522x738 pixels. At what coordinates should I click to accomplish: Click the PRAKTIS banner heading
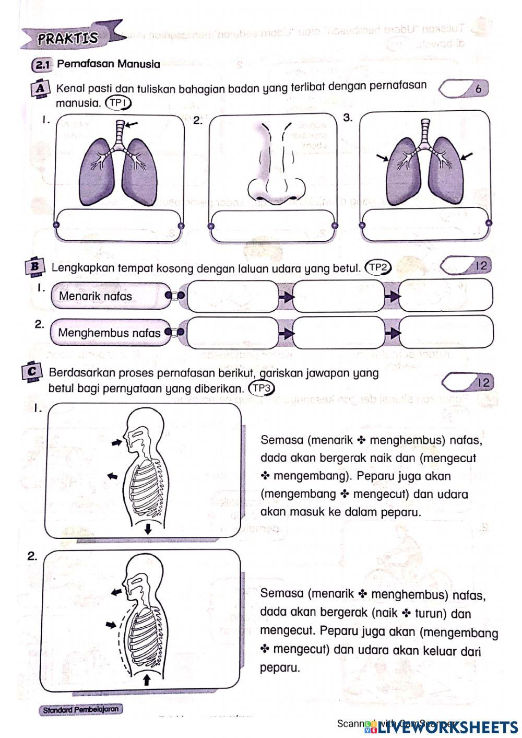(x=68, y=38)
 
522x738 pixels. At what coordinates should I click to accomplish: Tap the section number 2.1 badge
(x=42, y=65)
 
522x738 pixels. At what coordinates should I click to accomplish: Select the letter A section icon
(x=40, y=88)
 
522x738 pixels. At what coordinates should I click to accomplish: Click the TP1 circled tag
(x=118, y=103)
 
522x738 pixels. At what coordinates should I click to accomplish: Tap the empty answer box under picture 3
(x=425, y=225)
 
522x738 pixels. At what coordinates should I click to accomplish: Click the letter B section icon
(x=35, y=266)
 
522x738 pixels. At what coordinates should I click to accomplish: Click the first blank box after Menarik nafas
(x=232, y=296)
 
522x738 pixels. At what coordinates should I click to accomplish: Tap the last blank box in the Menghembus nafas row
(x=446, y=332)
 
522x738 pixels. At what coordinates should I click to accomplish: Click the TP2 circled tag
(x=378, y=268)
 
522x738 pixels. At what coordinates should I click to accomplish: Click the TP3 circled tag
(x=262, y=389)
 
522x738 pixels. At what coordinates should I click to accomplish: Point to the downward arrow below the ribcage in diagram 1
(x=148, y=529)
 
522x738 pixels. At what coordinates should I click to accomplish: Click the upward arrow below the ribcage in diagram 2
(x=147, y=679)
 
